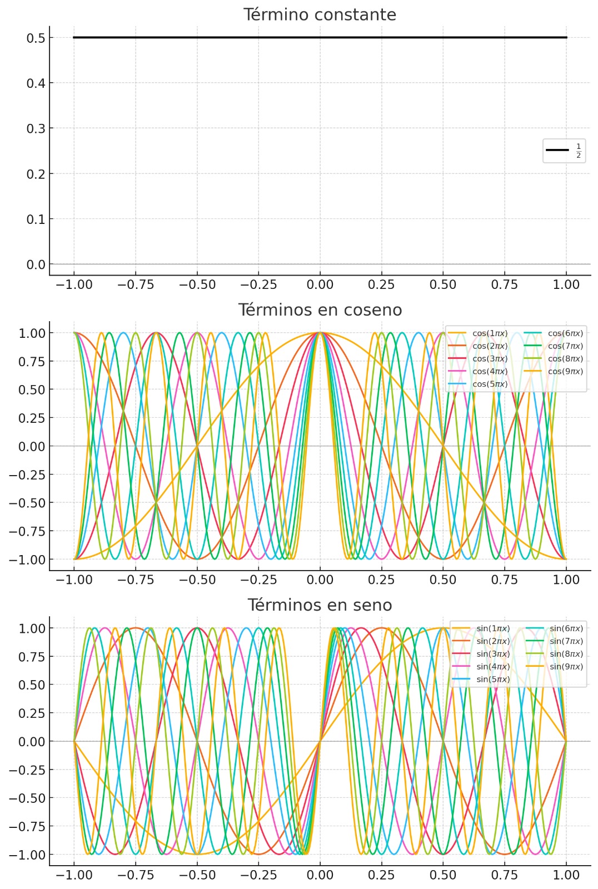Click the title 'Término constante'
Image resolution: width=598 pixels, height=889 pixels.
tap(320, 15)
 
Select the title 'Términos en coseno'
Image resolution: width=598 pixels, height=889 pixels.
tap(320, 310)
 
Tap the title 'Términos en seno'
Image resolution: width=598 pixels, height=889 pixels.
tap(320, 605)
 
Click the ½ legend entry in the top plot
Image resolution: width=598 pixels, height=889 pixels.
tap(564, 150)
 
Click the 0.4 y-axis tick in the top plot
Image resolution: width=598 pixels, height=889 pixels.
tap(36, 83)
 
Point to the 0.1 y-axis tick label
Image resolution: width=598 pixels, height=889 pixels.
tap(36, 219)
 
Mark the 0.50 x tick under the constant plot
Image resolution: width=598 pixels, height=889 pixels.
tap(443, 284)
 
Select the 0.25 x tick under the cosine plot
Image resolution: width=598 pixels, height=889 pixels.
tap(381, 580)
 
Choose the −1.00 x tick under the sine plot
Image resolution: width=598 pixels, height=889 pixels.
tap(74, 875)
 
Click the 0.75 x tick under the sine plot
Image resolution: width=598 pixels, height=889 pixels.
tap(505, 875)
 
